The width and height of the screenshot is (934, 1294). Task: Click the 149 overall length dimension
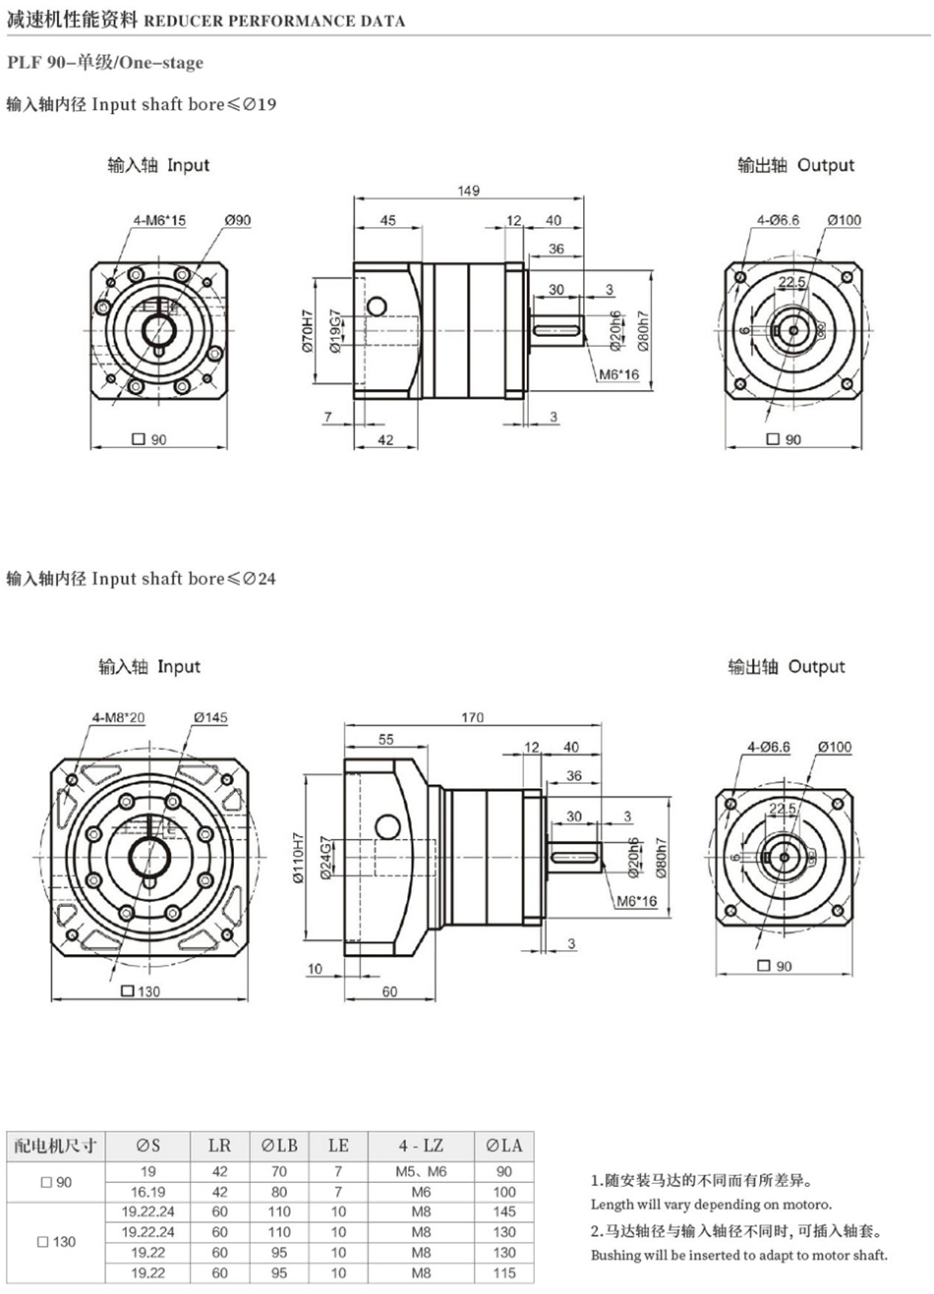pos(468,191)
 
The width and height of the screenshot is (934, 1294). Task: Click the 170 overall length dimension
pos(472,717)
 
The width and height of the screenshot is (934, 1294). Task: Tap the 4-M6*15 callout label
pos(159,220)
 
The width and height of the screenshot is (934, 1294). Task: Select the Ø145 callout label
pos(210,717)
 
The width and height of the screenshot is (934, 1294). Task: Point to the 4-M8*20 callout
pos(119,717)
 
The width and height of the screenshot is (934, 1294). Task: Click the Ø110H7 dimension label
pos(298,858)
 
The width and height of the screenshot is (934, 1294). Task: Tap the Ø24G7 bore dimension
pos(326,858)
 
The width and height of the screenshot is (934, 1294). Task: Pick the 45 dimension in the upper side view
pos(388,220)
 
